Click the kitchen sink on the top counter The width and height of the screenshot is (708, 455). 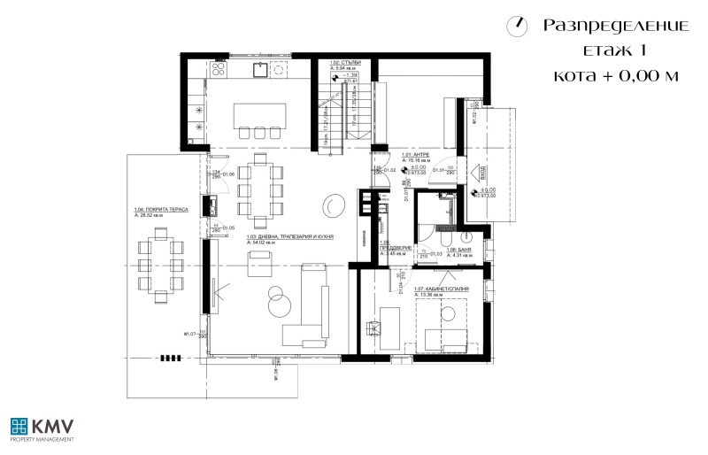pyautogui.click(x=263, y=67)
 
